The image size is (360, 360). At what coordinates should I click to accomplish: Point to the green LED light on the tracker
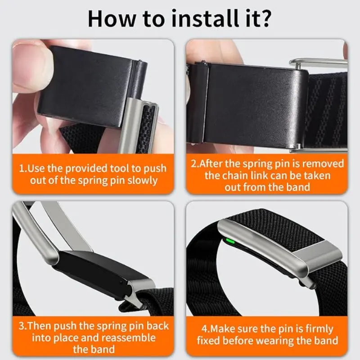(x=230, y=241)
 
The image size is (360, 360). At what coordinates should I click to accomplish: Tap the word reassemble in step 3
(x=128, y=337)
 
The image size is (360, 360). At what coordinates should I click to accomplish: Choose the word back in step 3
(x=157, y=326)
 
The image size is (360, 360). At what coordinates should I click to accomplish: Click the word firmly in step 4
(x=319, y=329)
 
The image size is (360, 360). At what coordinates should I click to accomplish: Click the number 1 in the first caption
(x=21, y=168)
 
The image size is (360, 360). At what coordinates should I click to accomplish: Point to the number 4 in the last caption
(x=204, y=329)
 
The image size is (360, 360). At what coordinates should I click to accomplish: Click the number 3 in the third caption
(x=21, y=326)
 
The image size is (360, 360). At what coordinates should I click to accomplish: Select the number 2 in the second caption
(x=193, y=163)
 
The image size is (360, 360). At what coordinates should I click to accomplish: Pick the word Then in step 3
(x=39, y=326)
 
